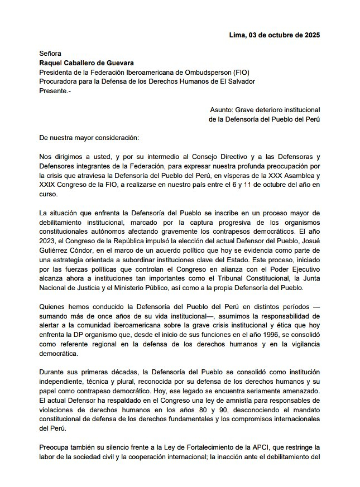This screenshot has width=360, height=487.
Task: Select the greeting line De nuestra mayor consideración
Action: [92, 137]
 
